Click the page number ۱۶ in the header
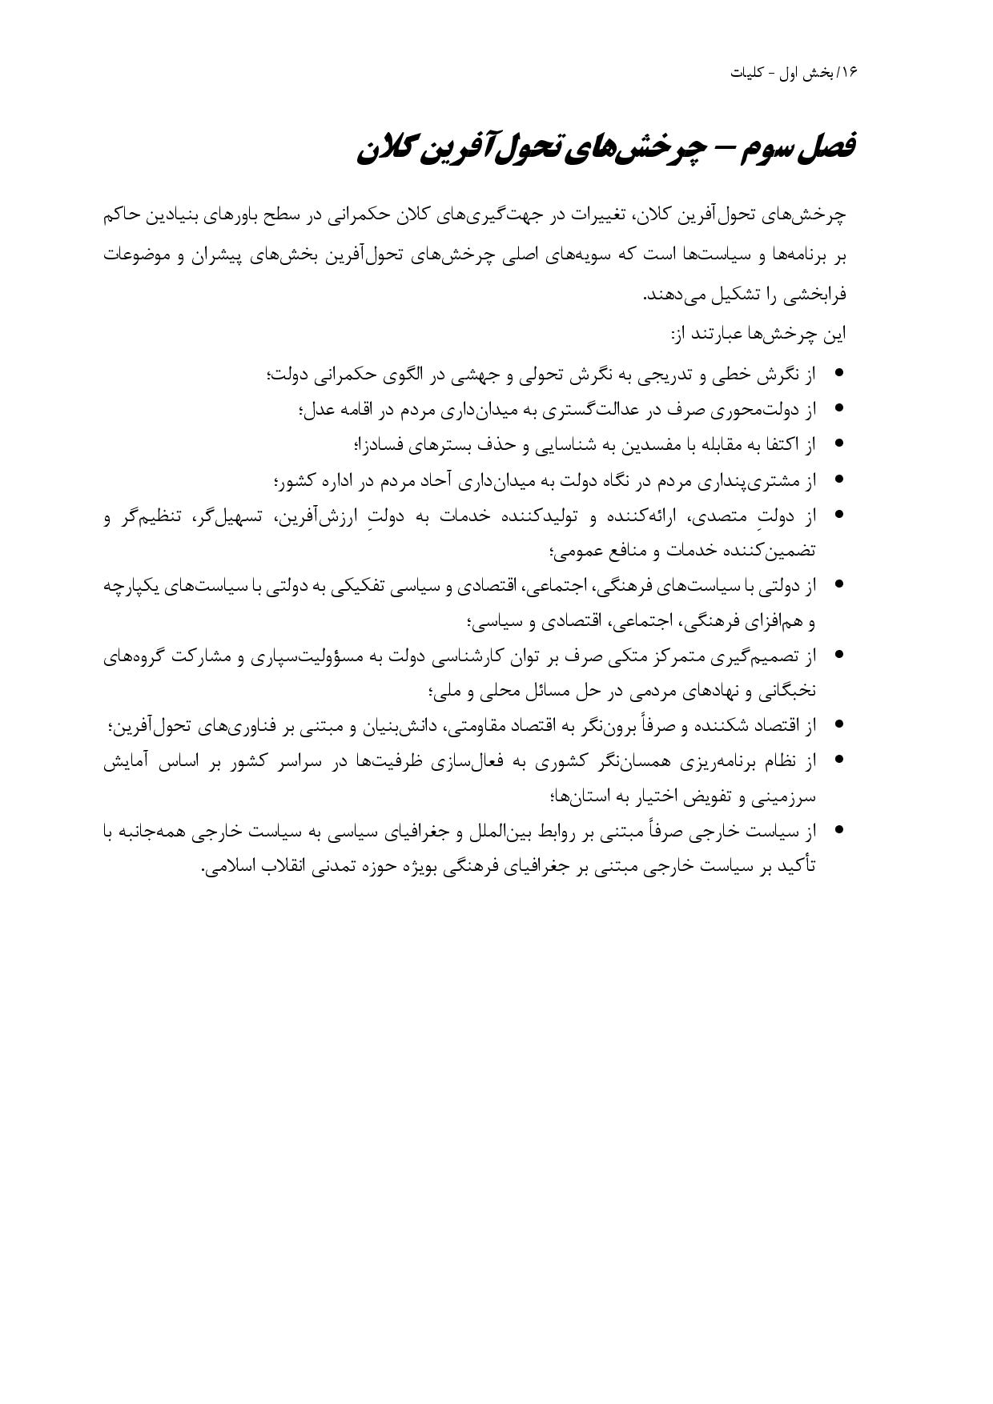849,72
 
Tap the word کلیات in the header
748,72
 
